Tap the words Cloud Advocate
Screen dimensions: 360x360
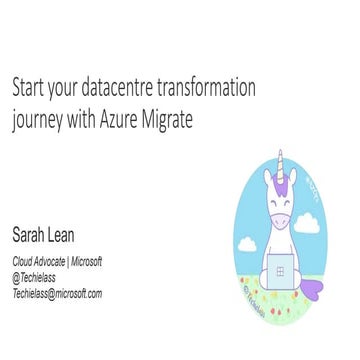pyautogui.click(x=42, y=262)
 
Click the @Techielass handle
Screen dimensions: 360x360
pyautogui.click(x=38, y=278)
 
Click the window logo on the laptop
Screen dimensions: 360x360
pyautogui.click(x=282, y=270)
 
